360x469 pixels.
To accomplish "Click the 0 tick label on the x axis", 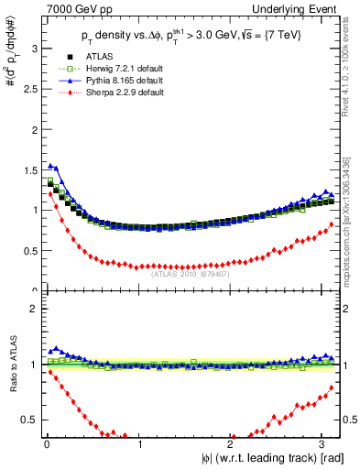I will (47, 444).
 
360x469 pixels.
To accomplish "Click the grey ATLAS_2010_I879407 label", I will (190, 271).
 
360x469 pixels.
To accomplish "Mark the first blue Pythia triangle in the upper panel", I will (49, 166).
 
